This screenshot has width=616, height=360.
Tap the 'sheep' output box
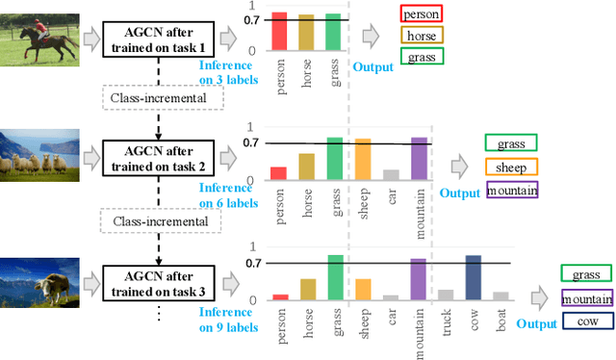[x=511, y=167]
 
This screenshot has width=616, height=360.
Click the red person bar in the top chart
[x=278, y=31]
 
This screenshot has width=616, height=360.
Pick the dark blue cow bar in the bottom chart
[x=473, y=278]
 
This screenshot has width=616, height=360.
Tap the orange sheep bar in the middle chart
[x=363, y=160]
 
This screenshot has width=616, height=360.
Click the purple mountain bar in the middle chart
[x=419, y=159]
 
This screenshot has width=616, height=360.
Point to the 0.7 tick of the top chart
[x=252, y=19]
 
